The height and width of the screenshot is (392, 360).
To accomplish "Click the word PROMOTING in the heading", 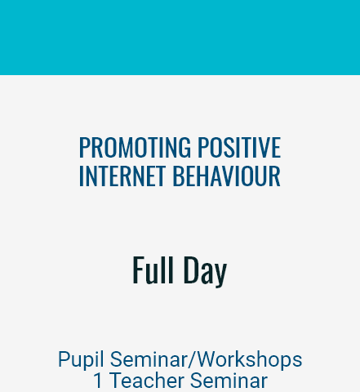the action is tap(135, 147).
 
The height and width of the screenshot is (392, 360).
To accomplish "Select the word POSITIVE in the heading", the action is tap(239, 147).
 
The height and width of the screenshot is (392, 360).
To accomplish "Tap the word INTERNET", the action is tap(122, 176).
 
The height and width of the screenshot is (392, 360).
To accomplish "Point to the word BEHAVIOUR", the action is tap(226, 176).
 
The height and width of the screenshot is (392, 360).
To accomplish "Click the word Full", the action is tap(153, 270).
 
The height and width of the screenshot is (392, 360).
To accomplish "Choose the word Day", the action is tap(205, 272).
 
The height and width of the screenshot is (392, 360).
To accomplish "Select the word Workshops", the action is tap(250, 359).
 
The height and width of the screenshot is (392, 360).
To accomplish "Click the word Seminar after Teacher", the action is tap(229, 381).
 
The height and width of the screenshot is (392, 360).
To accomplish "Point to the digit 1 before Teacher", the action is tap(98, 381).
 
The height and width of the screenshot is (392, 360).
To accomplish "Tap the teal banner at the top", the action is tap(180, 38).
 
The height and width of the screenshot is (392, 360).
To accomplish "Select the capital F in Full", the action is tap(138, 270).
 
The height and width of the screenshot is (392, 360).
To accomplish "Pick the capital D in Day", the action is tap(190, 270).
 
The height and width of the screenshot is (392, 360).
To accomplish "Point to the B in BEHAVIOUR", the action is tap(178, 176).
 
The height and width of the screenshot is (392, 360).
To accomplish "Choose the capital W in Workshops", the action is tap(208, 359).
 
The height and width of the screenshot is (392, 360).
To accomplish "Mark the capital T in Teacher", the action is tap(116, 381).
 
